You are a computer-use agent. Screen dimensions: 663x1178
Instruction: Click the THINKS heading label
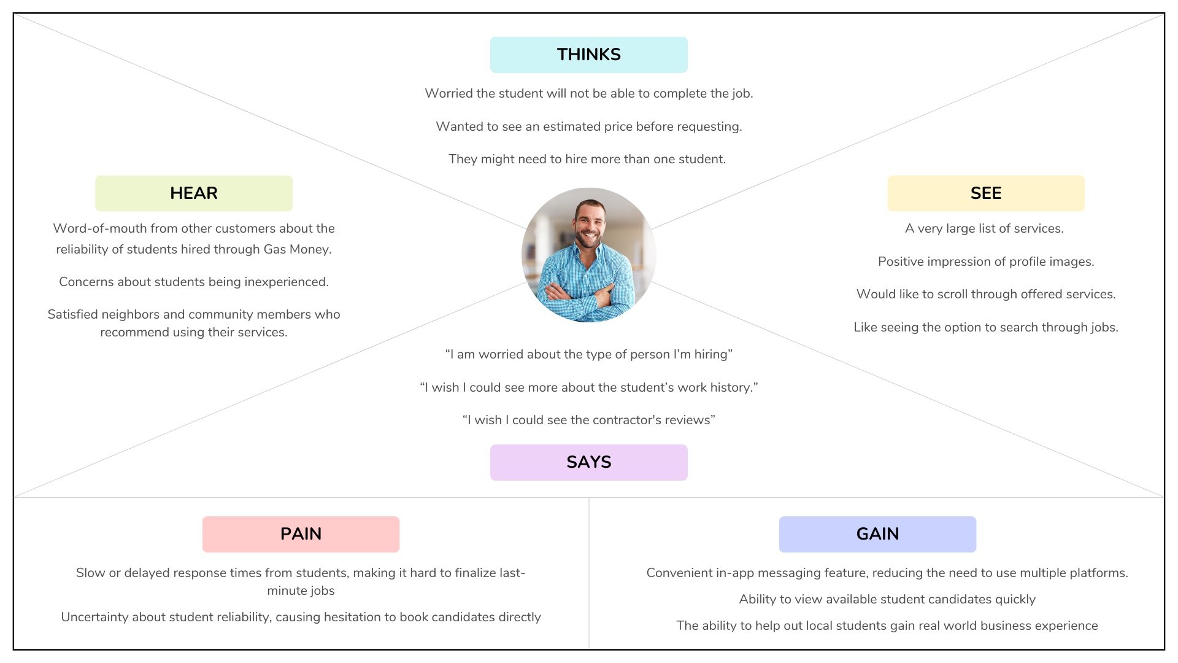[588, 55]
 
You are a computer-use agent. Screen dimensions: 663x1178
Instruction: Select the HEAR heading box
[193, 193]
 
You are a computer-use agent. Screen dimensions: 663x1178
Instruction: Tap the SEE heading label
[985, 193]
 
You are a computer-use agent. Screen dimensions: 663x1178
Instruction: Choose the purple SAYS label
[588, 462]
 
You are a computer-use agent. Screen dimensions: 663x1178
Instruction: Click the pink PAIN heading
[301, 534]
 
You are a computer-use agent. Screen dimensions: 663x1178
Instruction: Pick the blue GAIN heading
[877, 534]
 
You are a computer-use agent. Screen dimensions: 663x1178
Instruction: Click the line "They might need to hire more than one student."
[587, 159]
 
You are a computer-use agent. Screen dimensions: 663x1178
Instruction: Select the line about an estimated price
[588, 126]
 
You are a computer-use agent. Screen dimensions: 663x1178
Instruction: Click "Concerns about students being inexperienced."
[193, 282]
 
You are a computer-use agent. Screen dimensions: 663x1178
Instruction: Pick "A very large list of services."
[984, 228]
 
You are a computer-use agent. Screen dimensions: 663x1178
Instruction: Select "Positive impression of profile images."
[985, 262]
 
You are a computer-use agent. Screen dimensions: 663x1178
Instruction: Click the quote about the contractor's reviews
[588, 420]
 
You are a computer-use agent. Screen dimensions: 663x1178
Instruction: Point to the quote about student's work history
[588, 387]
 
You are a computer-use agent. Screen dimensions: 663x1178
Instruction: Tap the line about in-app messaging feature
[887, 573]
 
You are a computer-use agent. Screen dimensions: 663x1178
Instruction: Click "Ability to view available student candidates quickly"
[887, 599]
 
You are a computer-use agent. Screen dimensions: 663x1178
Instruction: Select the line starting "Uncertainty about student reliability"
[301, 617]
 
